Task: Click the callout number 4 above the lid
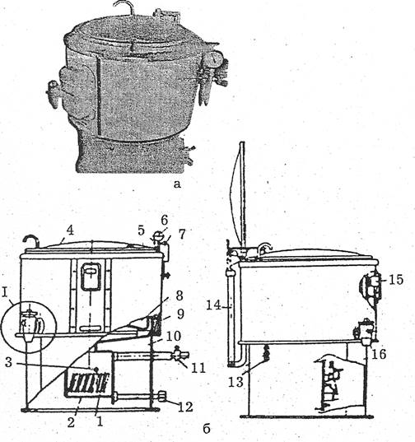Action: [70, 230]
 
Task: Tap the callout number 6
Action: [165, 220]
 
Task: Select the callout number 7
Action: [182, 234]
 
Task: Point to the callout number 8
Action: [179, 295]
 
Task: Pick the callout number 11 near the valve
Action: [198, 368]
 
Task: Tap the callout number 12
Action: [186, 407]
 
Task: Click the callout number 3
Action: [9, 362]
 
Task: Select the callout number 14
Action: [214, 305]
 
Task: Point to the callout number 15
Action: [396, 280]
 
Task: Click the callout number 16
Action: [379, 354]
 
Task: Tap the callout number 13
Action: [235, 382]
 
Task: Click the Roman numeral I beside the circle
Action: [4, 293]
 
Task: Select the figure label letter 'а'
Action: [177, 184]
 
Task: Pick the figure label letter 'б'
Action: [207, 429]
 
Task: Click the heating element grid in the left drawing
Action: [88, 384]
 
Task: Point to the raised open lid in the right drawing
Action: [237, 194]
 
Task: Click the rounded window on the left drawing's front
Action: [91, 277]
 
